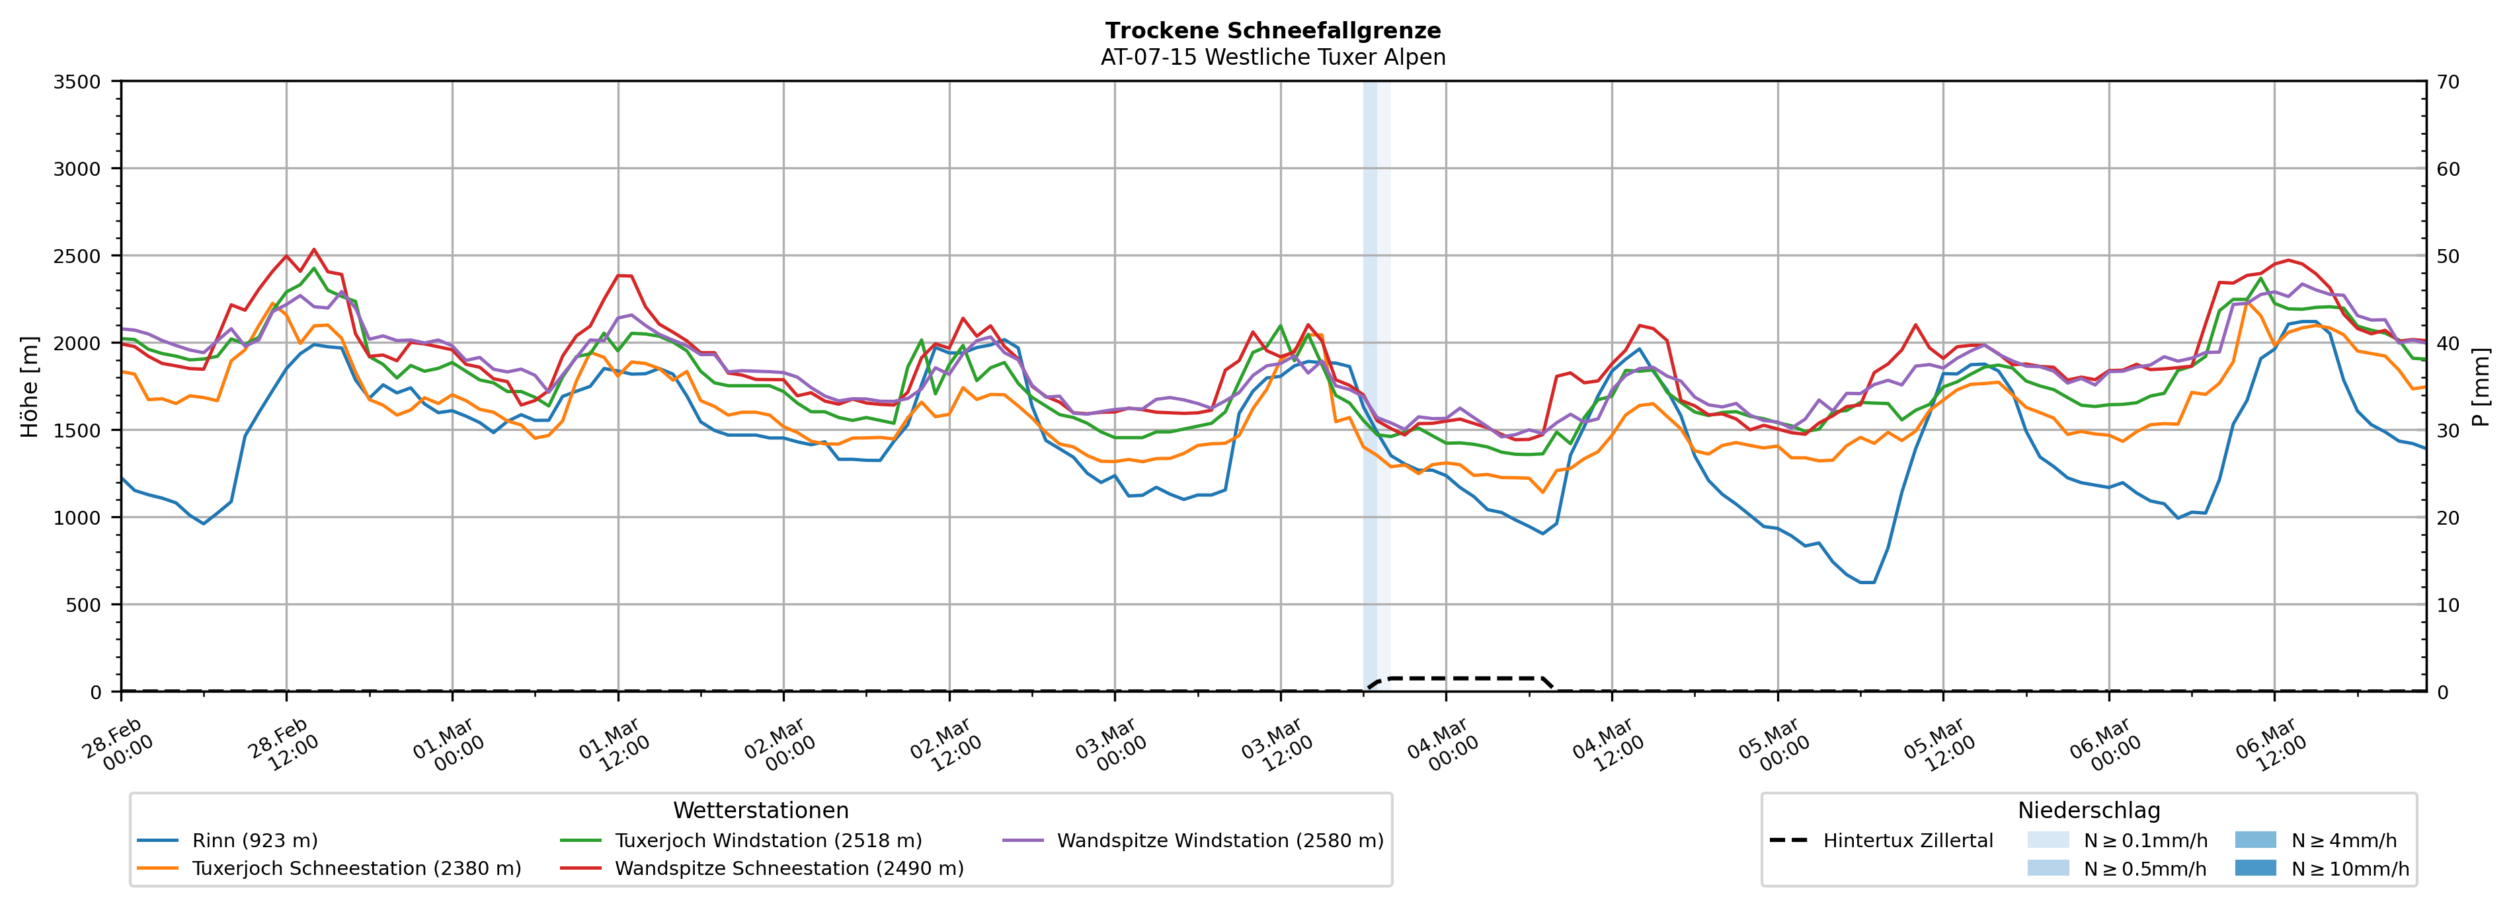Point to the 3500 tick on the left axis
[x=77, y=82]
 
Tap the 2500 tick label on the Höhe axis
[x=77, y=256]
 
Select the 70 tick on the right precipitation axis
[x=2449, y=82]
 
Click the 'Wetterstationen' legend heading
[x=761, y=810]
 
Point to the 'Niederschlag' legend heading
[x=2089, y=810]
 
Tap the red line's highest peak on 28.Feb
[x=314, y=250]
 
